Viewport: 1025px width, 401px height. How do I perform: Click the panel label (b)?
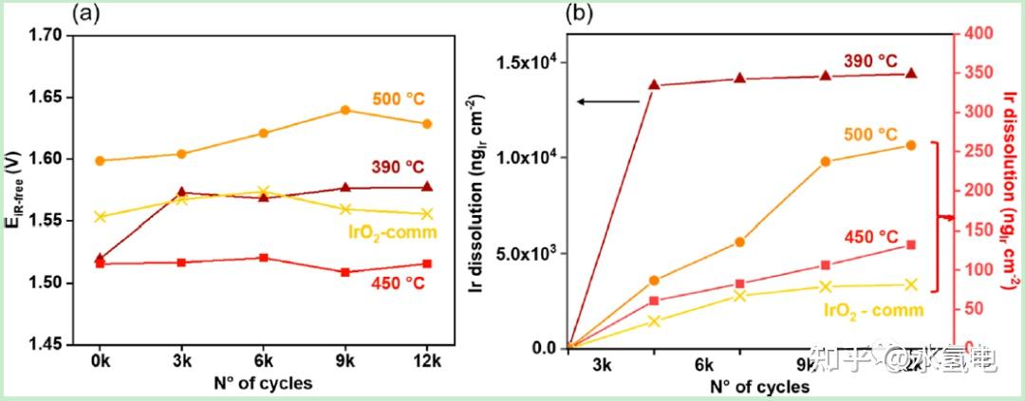click(582, 14)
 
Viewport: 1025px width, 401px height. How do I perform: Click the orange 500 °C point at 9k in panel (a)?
click(345, 110)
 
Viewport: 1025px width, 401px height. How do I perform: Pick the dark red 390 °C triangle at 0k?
click(101, 258)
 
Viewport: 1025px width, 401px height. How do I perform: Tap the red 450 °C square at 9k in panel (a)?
click(345, 272)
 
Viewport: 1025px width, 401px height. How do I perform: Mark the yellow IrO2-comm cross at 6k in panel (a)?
click(264, 191)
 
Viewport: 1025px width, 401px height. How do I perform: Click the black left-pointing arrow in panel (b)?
click(609, 100)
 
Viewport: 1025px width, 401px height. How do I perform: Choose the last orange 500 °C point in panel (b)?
click(911, 145)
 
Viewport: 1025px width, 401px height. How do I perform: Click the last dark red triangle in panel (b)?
click(911, 73)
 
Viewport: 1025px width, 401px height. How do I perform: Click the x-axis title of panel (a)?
click(264, 384)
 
